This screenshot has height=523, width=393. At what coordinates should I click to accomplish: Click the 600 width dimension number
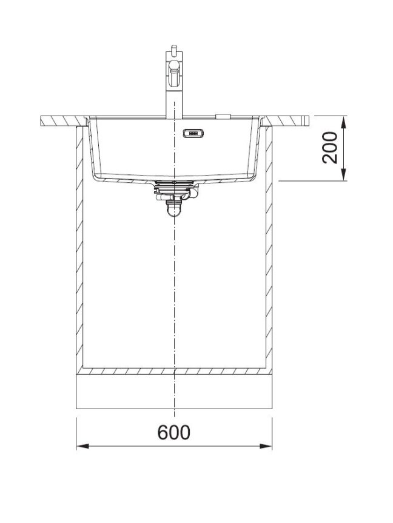coord(174,432)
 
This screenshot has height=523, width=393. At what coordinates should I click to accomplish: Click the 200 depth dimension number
coord(330,148)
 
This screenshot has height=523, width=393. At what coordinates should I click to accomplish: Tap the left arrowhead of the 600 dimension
coord(82,446)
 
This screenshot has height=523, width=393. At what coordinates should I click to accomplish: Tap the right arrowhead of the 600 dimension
coord(266,446)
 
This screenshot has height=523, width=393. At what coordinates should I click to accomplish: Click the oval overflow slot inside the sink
coord(193,133)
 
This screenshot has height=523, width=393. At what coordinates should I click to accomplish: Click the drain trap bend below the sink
coord(174,210)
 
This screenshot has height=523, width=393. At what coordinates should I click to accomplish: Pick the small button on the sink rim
coord(223,116)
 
